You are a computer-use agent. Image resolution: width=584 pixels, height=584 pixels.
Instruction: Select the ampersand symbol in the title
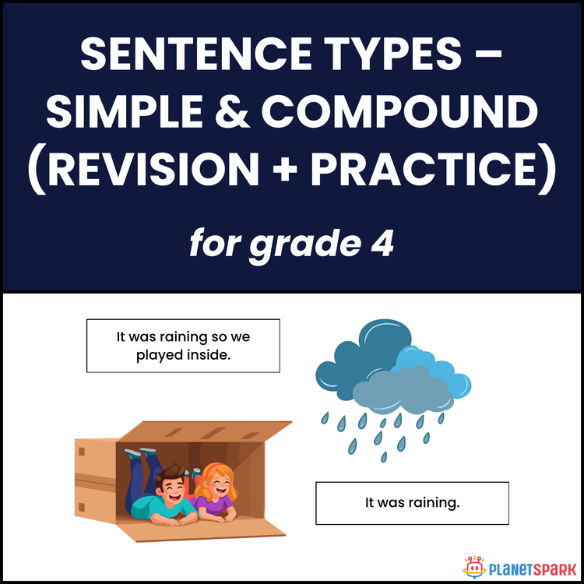(x=234, y=114)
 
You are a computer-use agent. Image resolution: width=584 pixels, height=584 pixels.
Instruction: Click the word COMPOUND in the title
(x=399, y=114)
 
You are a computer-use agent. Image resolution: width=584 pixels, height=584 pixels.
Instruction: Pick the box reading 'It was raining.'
(x=412, y=503)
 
